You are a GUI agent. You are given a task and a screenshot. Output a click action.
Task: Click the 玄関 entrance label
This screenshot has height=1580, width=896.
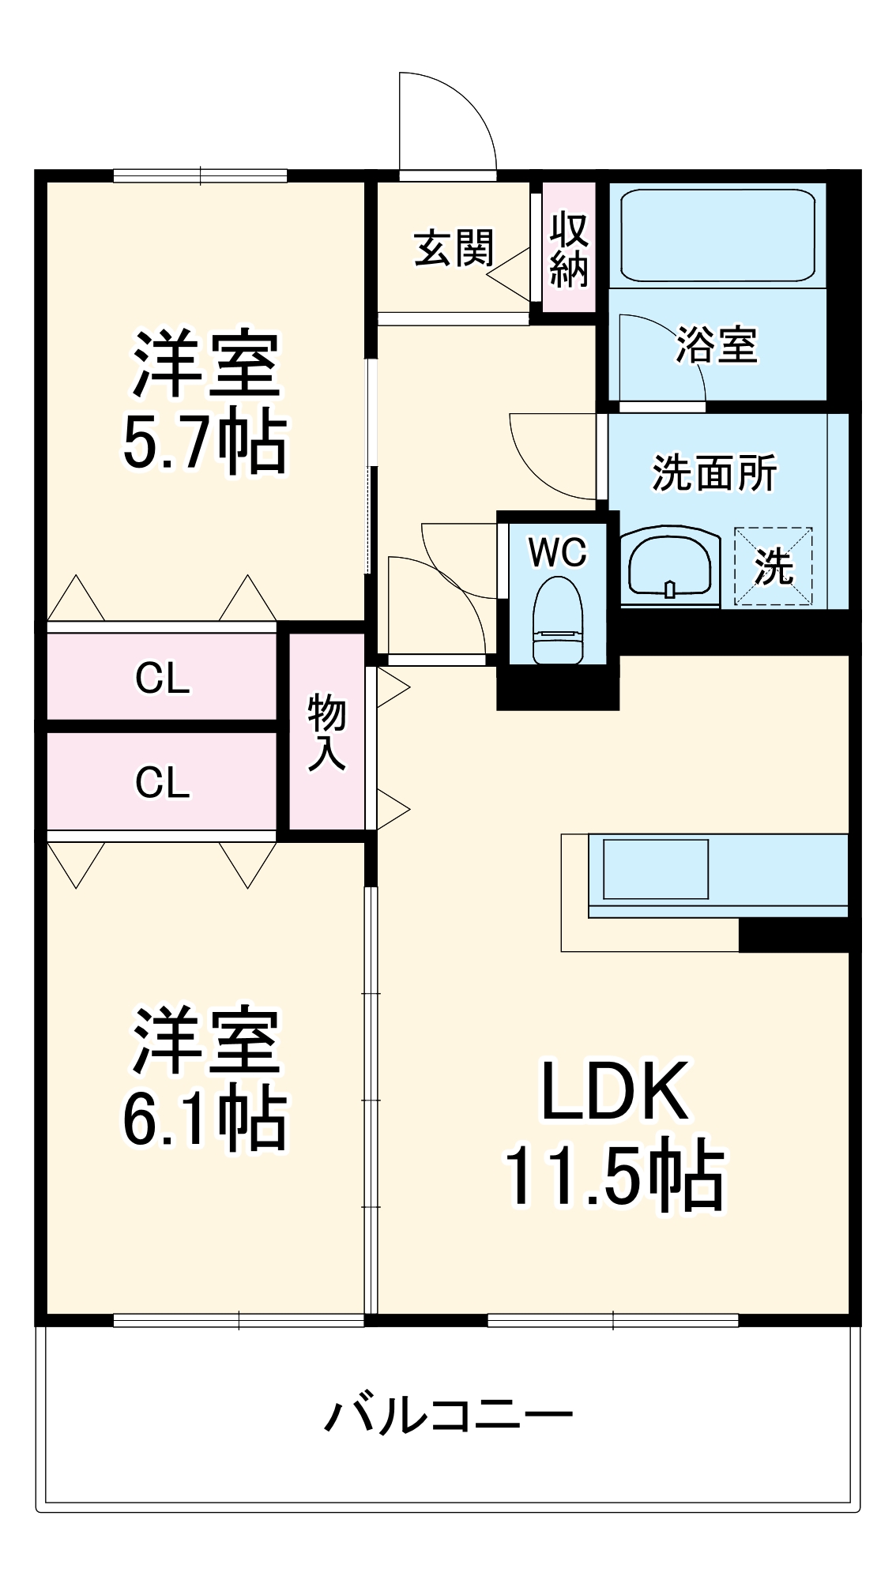tap(454, 248)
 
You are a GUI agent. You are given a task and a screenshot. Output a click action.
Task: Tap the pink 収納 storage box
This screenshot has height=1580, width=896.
tap(569, 248)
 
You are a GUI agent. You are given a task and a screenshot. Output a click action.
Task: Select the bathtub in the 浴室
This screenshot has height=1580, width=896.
tap(717, 234)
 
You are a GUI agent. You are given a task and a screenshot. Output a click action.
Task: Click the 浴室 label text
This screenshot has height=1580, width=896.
tap(717, 345)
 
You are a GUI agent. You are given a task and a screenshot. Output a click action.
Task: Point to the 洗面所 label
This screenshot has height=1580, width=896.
tap(713, 473)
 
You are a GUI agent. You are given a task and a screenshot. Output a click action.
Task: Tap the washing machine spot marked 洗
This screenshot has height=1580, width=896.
tap(773, 566)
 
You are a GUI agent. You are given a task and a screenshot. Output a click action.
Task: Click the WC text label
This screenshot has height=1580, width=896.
tap(558, 552)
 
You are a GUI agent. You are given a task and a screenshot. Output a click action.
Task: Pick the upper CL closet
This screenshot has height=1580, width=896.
tap(162, 677)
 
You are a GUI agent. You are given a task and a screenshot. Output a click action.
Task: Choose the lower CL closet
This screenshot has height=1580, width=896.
tap(162, 781)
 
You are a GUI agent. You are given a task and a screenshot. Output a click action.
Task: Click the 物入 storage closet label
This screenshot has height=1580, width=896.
tap(326, 732)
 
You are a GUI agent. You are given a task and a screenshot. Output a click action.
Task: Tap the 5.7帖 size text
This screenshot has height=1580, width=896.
tap(205, 442)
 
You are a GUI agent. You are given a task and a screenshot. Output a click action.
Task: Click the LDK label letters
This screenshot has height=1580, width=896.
tap(615, 1092)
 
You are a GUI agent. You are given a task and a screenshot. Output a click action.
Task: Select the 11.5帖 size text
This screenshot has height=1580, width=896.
tap(615, 1176)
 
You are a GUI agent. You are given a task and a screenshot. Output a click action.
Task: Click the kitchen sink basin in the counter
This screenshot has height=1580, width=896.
tap(655, 869)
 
